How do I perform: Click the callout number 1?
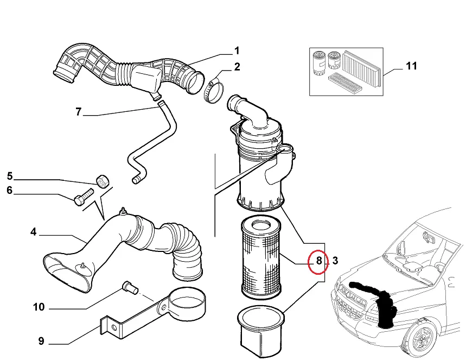237,51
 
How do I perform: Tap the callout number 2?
237,67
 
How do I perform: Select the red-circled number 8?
319,261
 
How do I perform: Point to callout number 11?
411,66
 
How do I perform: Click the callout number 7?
78,111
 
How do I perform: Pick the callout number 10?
39,307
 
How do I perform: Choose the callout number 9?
41,341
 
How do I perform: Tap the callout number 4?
33,232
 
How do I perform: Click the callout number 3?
335,261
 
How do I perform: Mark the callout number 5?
10,176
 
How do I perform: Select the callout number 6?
10,190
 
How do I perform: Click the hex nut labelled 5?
103,181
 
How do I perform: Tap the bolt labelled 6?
83,197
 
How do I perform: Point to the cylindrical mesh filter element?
260,258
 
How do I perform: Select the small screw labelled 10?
130,287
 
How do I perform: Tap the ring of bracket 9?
187,304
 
